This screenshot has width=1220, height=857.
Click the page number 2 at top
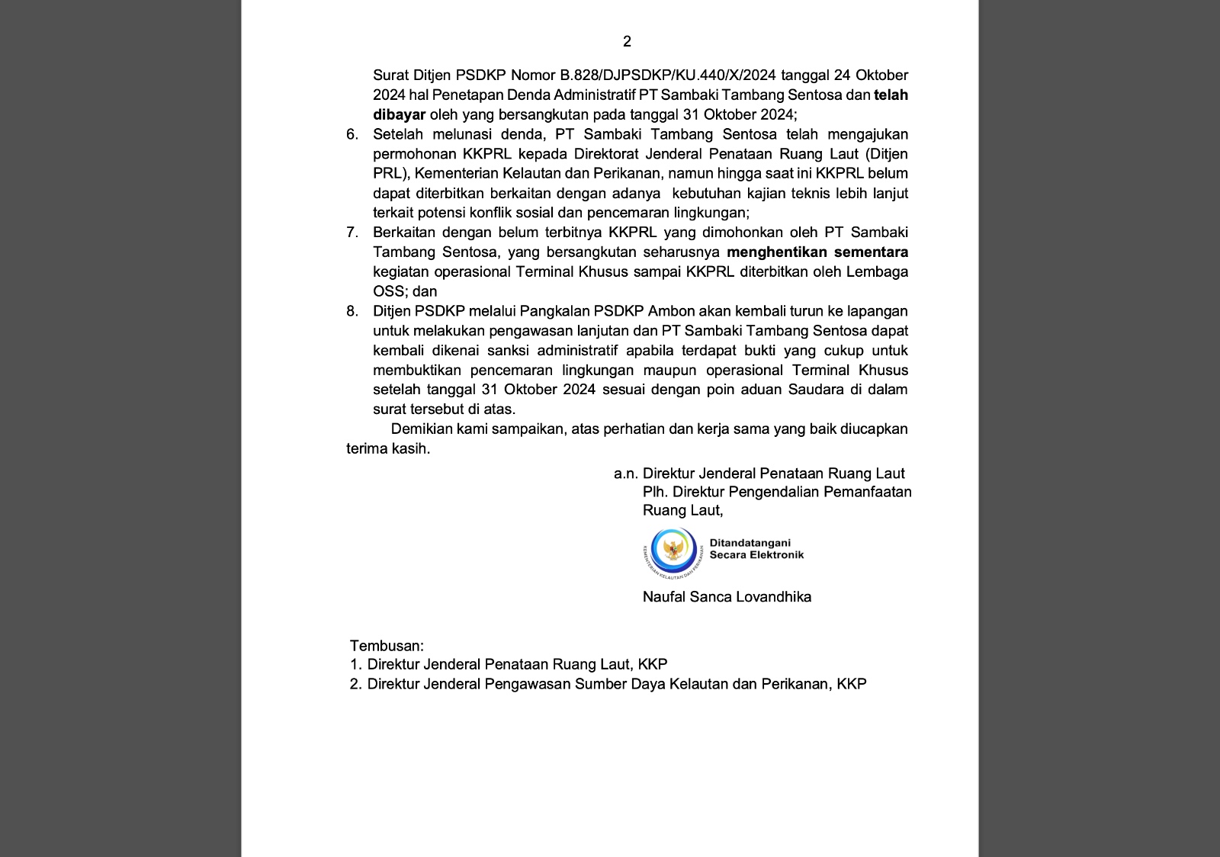[627, 42]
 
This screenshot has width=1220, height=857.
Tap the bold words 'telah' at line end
[891, 95]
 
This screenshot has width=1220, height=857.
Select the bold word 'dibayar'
[399, 115]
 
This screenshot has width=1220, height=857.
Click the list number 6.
[352, 135]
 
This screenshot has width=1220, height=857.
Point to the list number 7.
[352, 233]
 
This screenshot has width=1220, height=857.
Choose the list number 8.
[352, 311]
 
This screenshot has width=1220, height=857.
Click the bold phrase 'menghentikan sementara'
[817, 252]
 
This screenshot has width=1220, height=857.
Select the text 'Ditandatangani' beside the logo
[750, 543]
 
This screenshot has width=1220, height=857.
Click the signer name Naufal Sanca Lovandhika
[727, 597]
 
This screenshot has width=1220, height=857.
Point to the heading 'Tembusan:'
[387, 646]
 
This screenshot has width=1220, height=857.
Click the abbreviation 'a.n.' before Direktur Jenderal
[625, 473]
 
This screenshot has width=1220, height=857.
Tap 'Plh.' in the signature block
[656, 492]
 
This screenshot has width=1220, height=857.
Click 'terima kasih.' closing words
[388, 449]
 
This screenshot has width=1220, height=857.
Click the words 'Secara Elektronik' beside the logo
[756, 555]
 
